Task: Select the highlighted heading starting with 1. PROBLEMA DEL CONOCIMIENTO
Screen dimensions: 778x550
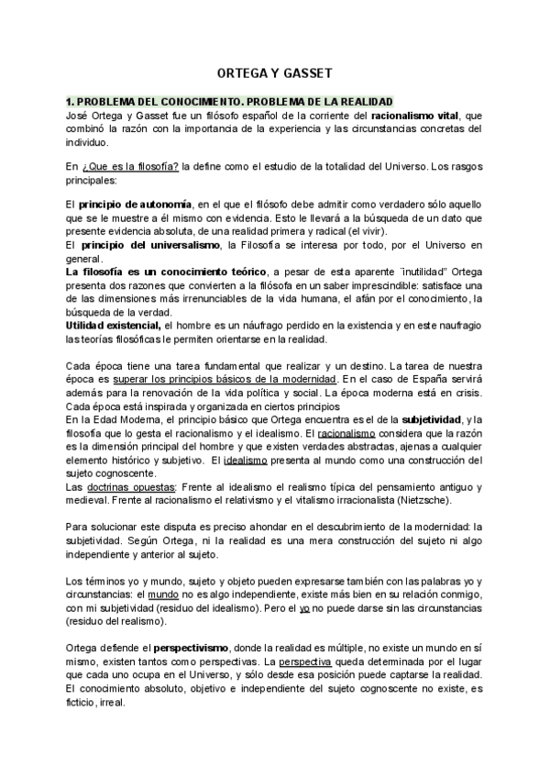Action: (x=229, y=101)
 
